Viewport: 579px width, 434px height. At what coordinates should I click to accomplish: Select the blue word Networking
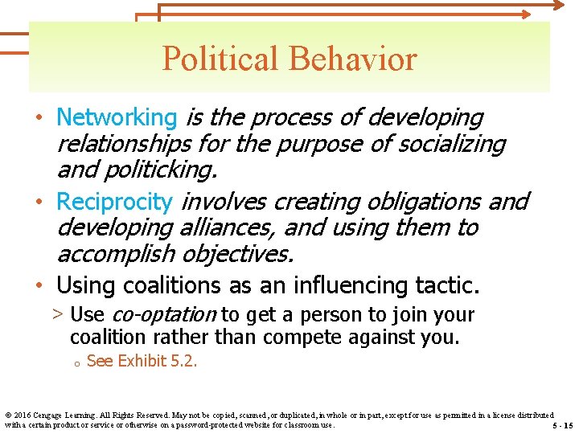tap(116, 117)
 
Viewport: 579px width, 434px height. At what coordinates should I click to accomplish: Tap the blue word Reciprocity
tap(114, 201)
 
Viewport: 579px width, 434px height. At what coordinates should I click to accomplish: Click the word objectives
tap(239, 255)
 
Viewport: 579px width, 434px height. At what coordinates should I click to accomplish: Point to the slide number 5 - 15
tap(562, 425)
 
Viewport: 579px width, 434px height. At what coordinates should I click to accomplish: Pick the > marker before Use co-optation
tap(59, 315)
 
